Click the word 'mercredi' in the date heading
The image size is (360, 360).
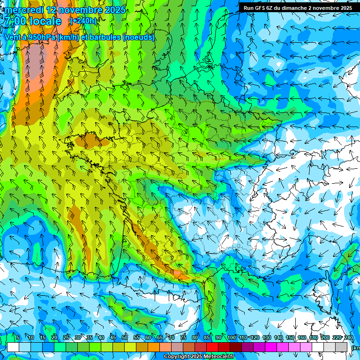point(22,10)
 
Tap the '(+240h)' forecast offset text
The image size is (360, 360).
point(83,21)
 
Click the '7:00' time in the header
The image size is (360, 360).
point(15,21)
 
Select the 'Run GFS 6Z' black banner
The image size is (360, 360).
point(298,8)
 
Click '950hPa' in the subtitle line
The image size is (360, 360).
point(41,37)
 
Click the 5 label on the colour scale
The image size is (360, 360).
point(17,338)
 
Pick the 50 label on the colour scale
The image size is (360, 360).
point(125,338)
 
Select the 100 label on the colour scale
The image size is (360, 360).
point(231,338)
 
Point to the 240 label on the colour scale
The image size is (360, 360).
point(349,338)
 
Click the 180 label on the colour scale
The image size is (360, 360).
point(313,338)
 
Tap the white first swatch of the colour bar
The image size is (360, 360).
point(13,347)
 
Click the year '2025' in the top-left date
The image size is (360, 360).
point(114,10)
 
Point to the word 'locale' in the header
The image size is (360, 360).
point(45,21)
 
